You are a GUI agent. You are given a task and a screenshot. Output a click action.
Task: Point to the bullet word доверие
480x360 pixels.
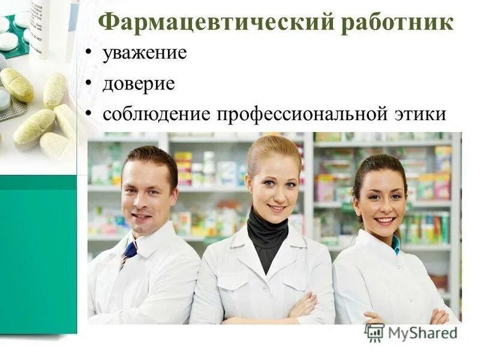point(139,83)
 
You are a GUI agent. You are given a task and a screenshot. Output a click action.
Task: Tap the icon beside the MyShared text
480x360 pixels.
point(374,332)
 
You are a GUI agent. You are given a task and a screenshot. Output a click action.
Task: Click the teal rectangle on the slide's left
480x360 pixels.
point(38,252)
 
